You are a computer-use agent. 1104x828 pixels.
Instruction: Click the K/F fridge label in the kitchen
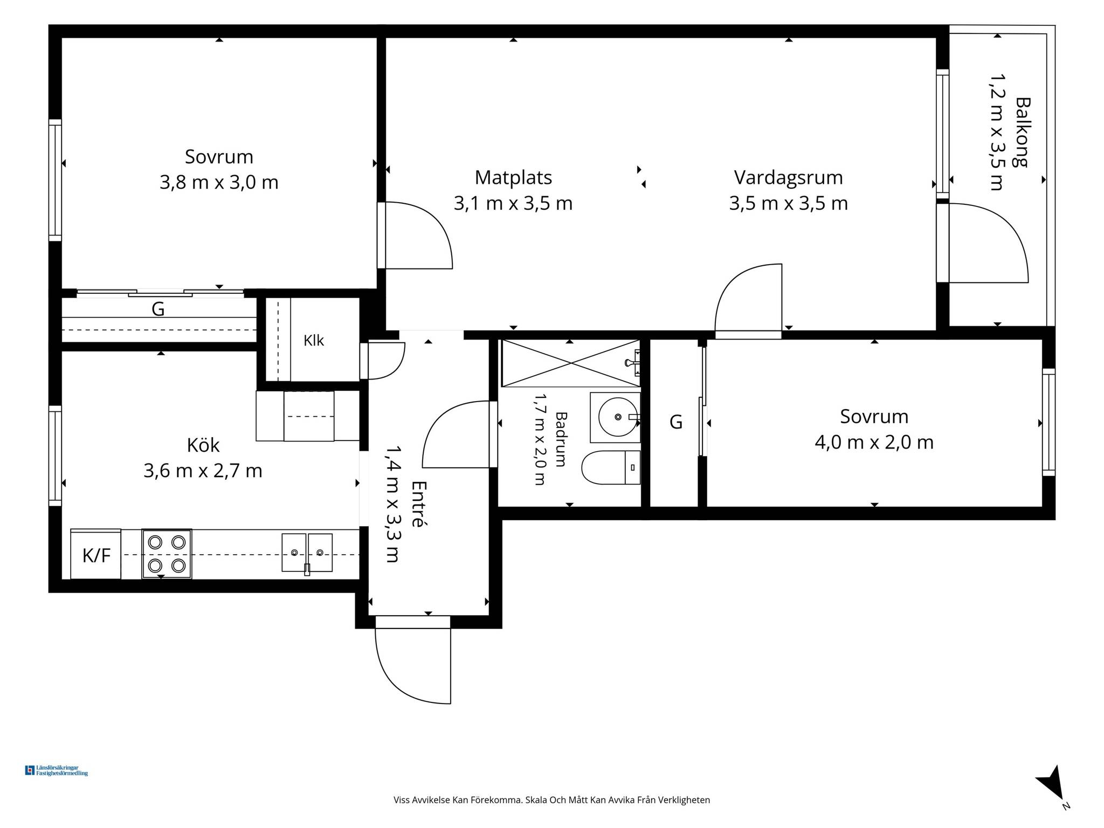pyautogui.click(x=96, y=555)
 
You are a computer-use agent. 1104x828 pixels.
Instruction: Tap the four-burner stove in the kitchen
pyautogui.click(x=167, y=554)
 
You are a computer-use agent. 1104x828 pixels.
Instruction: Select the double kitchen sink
pyautogui.click(x=307, y=553)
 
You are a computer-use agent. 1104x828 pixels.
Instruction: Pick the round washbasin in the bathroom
pyautogui.click(x=618, y=417)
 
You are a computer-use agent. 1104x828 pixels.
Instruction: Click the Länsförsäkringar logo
pyautogui.click(x=57, y=770)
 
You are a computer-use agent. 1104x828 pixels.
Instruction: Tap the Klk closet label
pyautogui.click(x=314, y=340)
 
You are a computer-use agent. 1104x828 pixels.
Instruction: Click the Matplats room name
pyautogui.click(x=513, y=177)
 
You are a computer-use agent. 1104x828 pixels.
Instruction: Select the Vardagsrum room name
pyautogui.click(x=788, y=177)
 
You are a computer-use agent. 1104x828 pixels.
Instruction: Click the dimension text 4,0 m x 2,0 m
pyautogui.click(x=874, y=443)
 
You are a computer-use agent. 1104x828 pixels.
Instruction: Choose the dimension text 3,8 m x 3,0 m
pyautogui.click(x=219, y=182)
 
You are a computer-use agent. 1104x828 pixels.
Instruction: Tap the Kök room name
pyautogui.click(x=203, y=445)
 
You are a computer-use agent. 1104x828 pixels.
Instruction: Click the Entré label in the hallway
pyautogui.click(x=419, y=503)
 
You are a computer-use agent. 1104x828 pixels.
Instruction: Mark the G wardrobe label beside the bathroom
pyautogui.click(x=676, y=422)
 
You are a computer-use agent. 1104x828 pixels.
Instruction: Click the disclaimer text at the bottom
pyautogui.click(x=551, y=800)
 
